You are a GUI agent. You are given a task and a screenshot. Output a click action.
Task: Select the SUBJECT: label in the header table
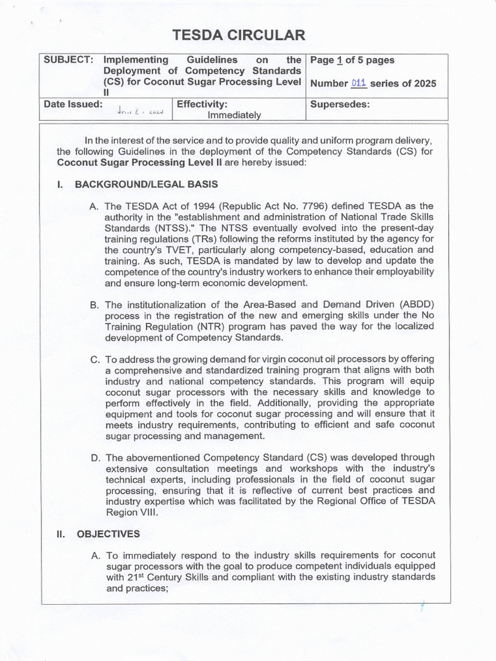(67, 60)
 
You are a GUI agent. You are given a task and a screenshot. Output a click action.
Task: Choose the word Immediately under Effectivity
(234, 115)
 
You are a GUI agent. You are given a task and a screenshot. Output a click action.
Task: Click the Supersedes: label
(340, 104)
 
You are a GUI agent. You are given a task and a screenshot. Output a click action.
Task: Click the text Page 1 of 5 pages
(352, 60)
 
